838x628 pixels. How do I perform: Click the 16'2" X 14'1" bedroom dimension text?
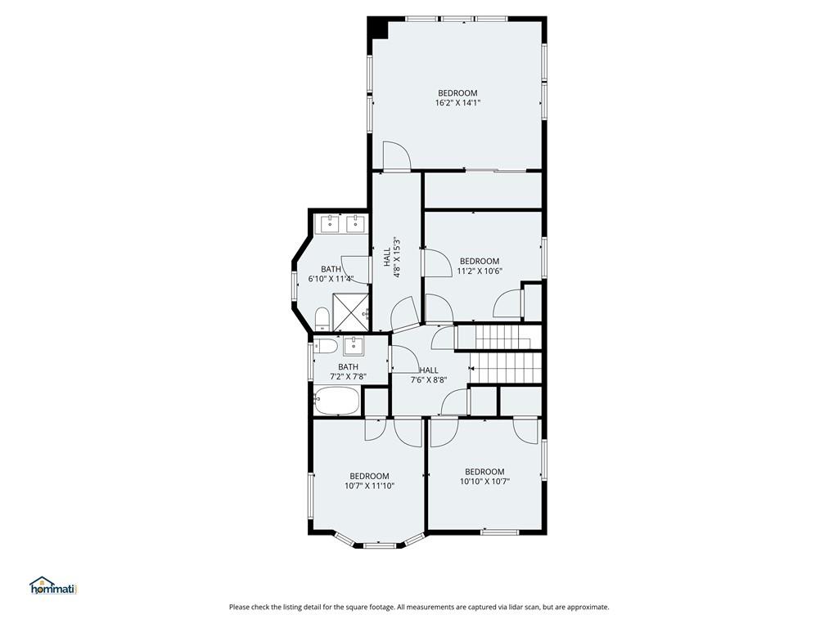pyautogui.click(x=457, y=102)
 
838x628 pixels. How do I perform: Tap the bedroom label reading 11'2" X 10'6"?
pyautogui.click(x=480, y=271)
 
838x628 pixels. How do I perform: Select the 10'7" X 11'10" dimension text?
pyautogui.click(x=369, y=486)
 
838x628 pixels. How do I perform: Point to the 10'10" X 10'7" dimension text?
pyautogui.click(x=484, y=481)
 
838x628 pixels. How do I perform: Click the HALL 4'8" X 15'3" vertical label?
pyautogui.click(x=392, y=258)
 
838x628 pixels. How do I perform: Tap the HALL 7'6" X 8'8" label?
pyautogui.click(x=429, y=375)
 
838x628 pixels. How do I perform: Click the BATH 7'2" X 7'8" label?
pyautogui.click(x=348, y=371)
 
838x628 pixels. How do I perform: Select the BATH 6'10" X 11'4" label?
pyautogui.click(x=331, y=273)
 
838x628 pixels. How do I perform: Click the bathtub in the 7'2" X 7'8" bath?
pyautogui.click(x=336, y=401)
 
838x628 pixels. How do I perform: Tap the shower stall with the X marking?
pyautogui.click(x=350, y=312)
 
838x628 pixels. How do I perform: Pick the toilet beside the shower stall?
pyautogui.click(x=322, y=319)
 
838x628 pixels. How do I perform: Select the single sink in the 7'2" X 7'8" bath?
pyautogui.click(x=354, y=346)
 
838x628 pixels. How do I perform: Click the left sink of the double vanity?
pyautogui.click(x=331, y=224)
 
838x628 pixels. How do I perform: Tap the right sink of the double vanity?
pyautogui.click(x=355, y=224)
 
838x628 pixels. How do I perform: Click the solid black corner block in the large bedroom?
pyautogui.click(x=378, y=28)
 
